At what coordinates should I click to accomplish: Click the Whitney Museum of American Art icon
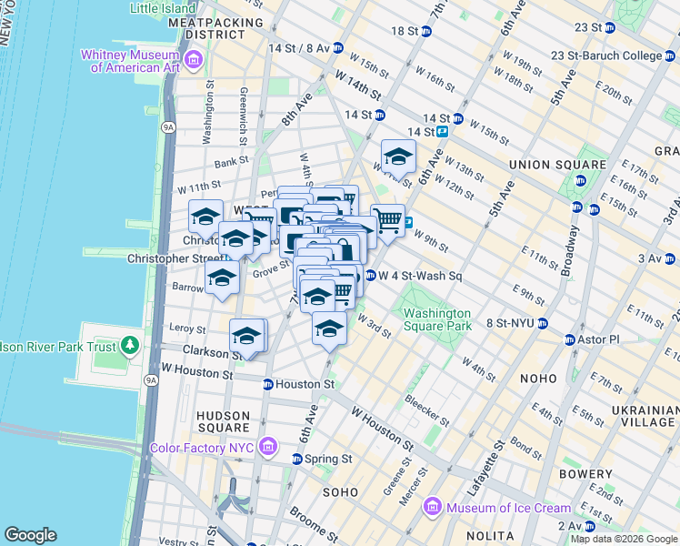tap(193, 61)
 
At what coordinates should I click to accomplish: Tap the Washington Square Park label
tap(437, 318)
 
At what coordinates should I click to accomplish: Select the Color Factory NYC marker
tap(268, 447)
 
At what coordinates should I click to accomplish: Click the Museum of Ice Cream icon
tap(432, 507)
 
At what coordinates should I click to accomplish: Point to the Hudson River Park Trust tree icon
tap(130, 346)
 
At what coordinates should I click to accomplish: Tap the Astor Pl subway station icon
tap(570, 339)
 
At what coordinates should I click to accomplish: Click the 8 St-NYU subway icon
tap(543, 323)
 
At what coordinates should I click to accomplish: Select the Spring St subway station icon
tap(297, 459)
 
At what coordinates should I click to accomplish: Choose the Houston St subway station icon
tap(268, 384)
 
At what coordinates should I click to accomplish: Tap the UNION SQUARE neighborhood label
tap(556, 165)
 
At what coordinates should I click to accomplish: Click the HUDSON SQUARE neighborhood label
tap(223, 421)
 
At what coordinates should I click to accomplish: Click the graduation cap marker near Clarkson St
tap(246, 336)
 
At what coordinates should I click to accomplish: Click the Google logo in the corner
tap(30, 534)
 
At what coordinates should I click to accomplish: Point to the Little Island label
tap(163, 8)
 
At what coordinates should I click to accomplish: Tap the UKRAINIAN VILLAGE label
tap(645, 416)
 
